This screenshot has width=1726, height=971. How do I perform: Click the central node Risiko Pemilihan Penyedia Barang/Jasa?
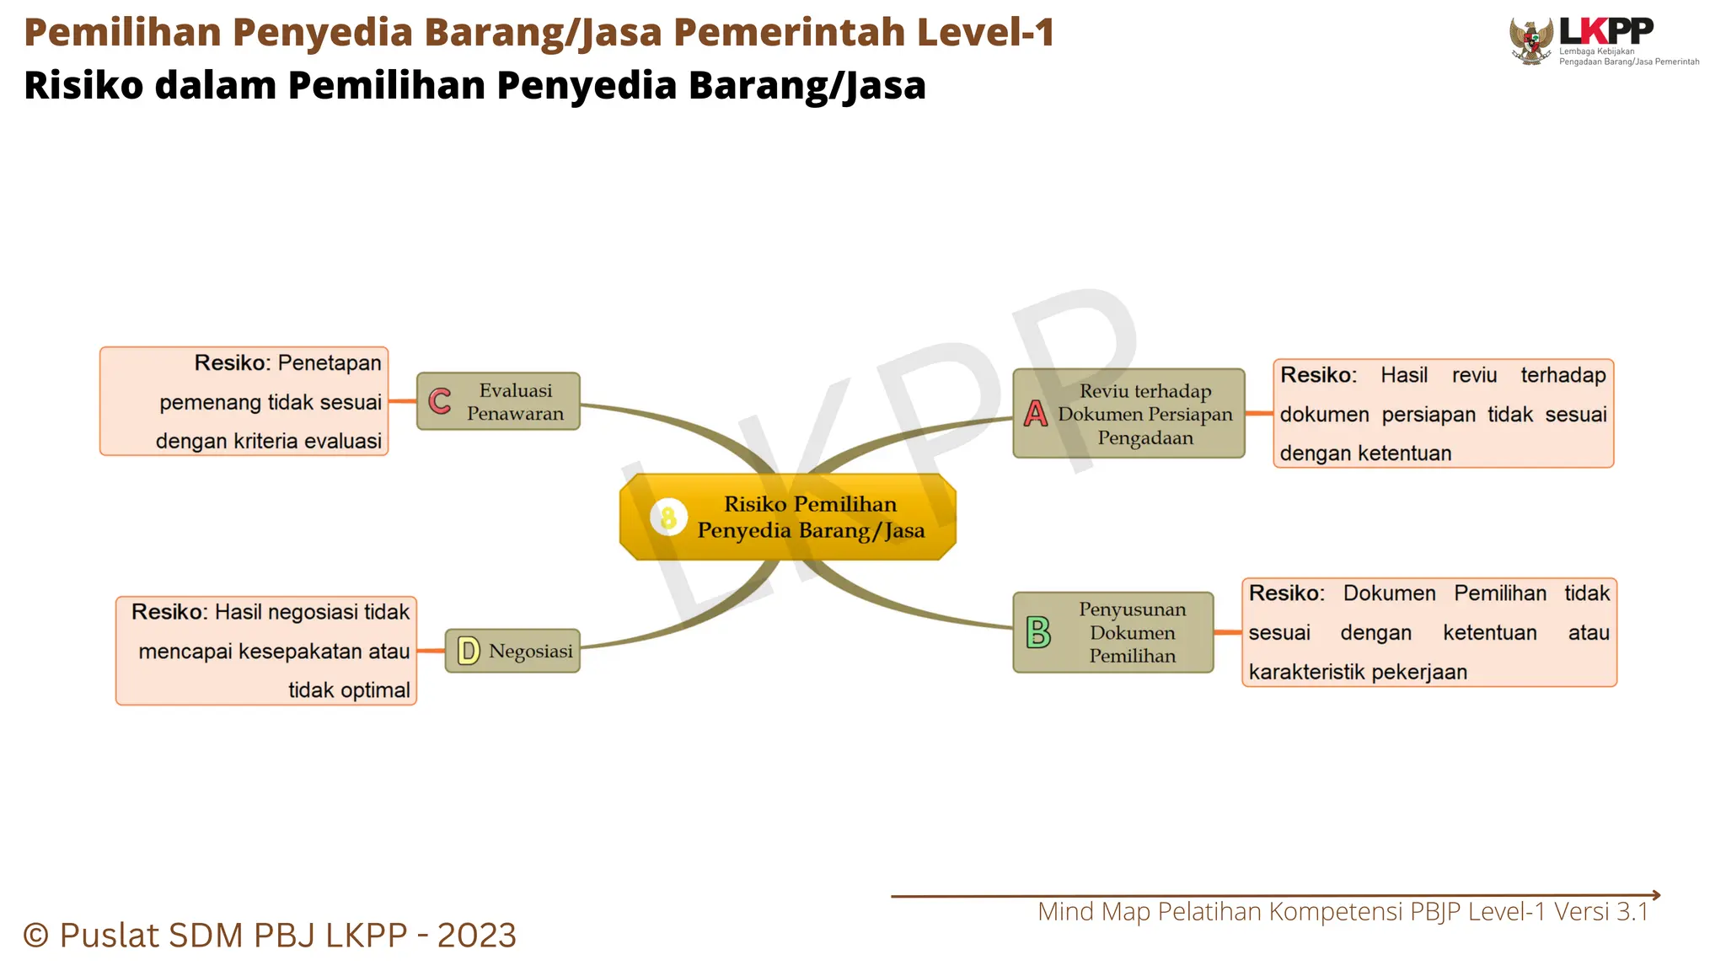click(x=809, y=517)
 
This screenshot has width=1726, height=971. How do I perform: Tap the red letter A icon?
click(x=1036, y=414)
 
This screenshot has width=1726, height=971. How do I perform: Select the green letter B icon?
click(x=1038, y=632)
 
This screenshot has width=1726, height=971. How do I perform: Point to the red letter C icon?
click(x=440, y=401)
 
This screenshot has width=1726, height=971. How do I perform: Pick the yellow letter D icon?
click(x=469, y=651)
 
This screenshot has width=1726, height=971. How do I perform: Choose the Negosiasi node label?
click(x=530, y=651)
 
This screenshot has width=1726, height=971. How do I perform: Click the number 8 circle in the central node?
click(x=669, y=517)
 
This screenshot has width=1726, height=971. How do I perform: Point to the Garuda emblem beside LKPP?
click(x=1531, y=40)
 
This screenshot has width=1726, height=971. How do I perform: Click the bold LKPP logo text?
click(x=1606, y=31)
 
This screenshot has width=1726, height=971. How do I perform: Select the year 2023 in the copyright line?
click(x=476, y=935)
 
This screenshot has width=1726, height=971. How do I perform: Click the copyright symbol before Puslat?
click(x=36, y=935)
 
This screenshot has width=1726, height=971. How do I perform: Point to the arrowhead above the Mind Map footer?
click(x=1656, y=895)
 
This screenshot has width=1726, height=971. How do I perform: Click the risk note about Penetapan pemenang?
click(x=244, y=401)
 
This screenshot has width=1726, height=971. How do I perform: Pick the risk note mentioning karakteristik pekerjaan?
click(x=1429, y=632)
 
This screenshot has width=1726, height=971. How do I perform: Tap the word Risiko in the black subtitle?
click(x=83, y=85)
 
